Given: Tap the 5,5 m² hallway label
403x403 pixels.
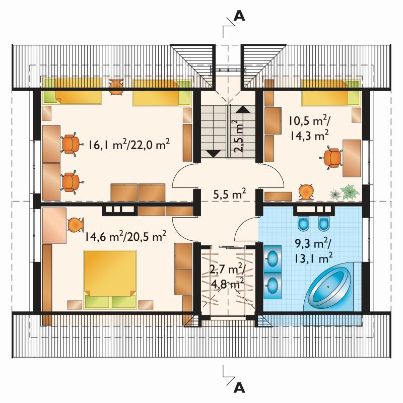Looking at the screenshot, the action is [230, 194].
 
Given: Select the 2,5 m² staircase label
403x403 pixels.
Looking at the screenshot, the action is [238, 137].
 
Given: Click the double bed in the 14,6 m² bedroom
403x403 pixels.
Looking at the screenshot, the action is [110, 279].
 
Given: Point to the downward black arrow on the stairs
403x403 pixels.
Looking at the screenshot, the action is [214, 154].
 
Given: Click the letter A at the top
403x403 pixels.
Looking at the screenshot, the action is [239, 17].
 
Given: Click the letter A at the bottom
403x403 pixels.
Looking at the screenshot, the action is [239, 388].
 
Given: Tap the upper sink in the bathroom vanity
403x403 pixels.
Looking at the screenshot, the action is [272, 258].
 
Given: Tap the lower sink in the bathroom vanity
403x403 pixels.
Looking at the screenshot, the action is [272, 285].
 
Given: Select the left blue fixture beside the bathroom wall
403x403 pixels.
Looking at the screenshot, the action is [304, 224].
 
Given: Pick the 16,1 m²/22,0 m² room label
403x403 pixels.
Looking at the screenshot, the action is [129, 145].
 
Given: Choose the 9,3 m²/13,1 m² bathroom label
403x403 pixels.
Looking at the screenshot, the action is [313, 250].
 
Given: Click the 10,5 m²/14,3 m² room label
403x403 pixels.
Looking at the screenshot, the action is [309, 127].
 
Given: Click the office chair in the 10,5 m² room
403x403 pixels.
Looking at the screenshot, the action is [332, 158].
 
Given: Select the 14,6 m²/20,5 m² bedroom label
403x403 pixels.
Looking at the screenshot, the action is [125, 236].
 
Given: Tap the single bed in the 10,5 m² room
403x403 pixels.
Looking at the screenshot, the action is [331, 93].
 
